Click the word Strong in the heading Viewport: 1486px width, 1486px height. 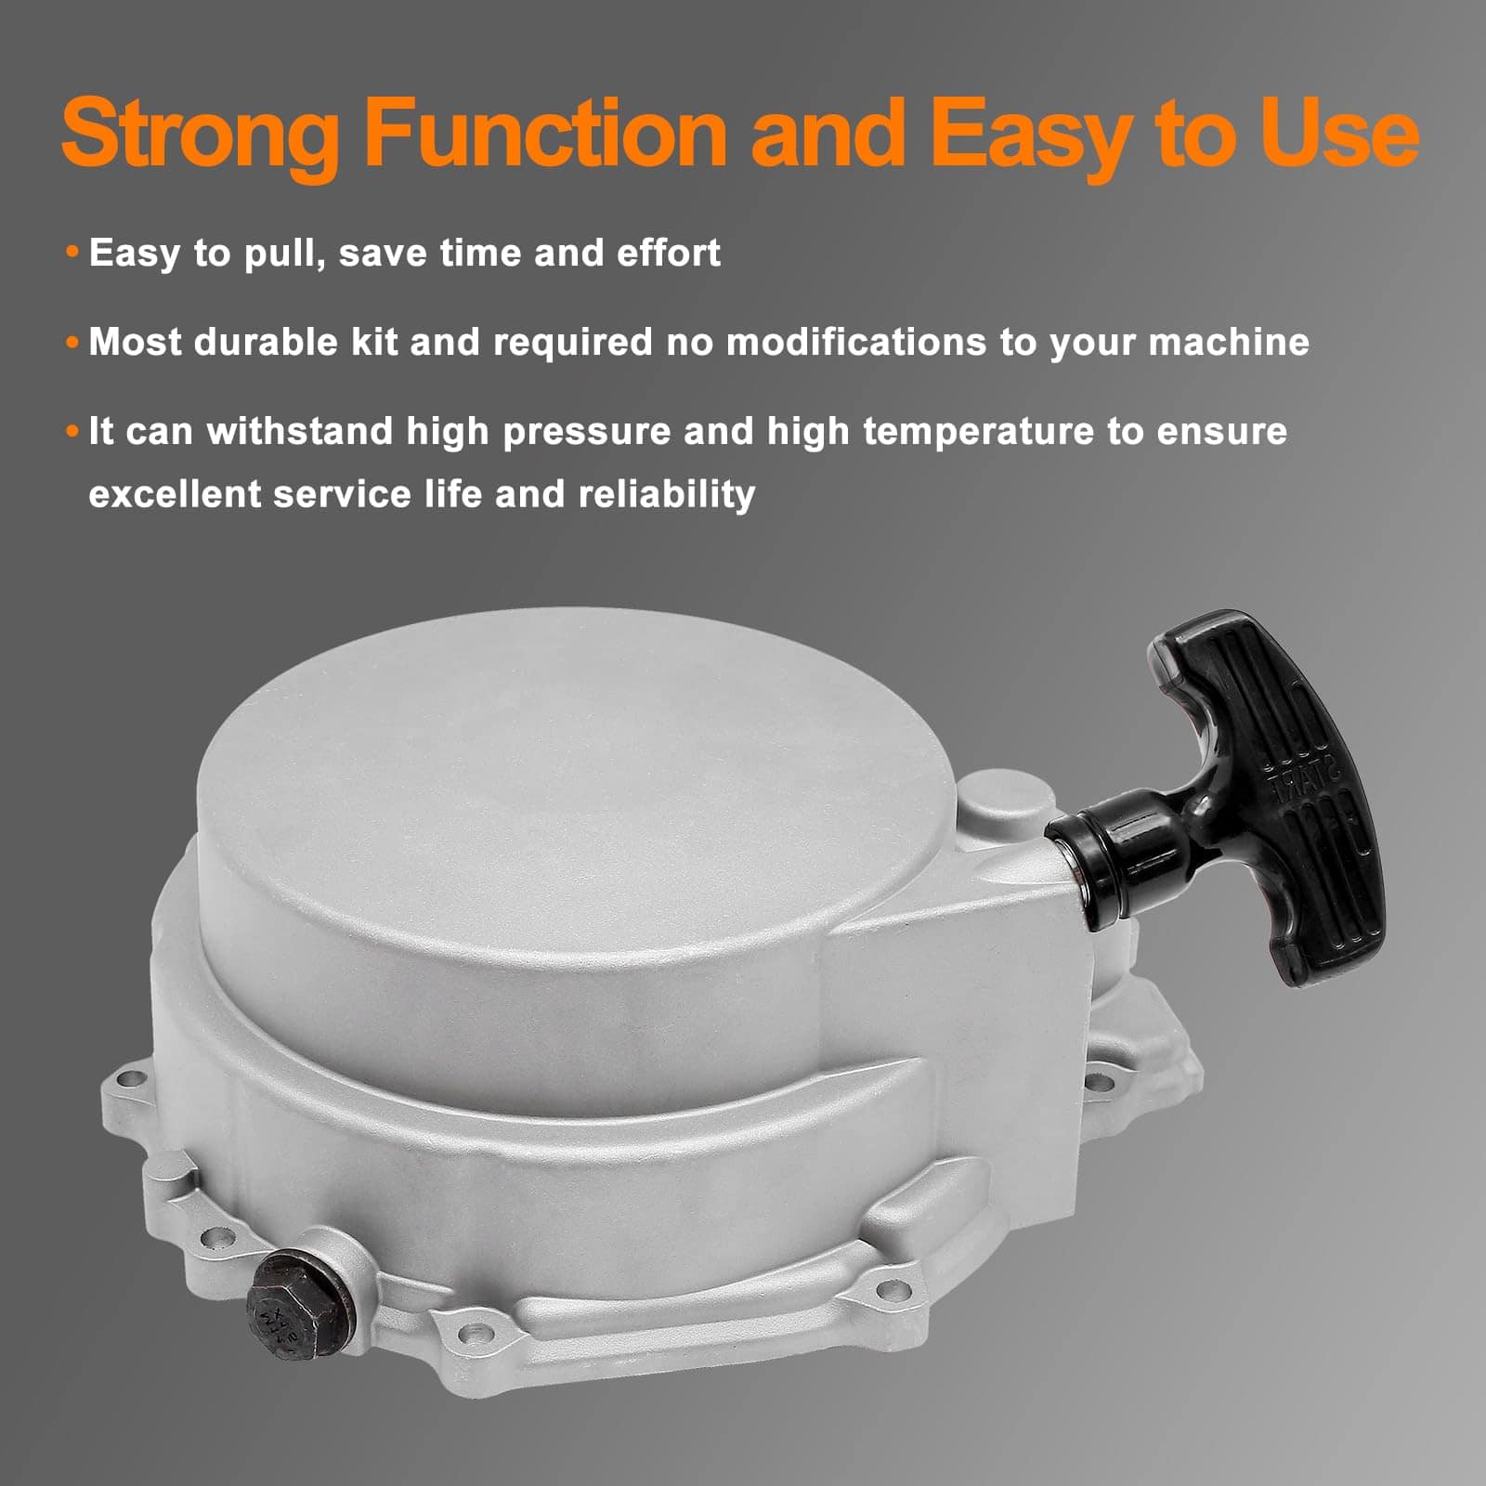(202, 135)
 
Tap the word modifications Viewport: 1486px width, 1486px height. (856, 342)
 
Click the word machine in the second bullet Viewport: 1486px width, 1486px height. (1229, 343)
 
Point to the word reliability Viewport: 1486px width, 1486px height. (667, 495)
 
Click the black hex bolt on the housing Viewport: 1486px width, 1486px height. (296, 1301)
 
